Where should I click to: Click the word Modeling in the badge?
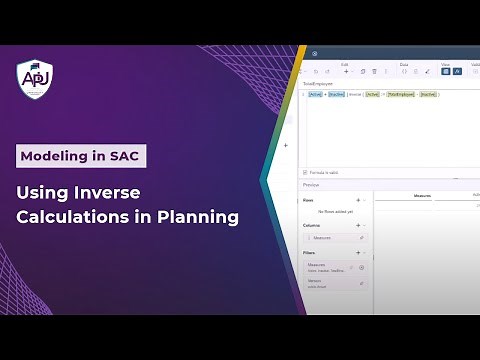pos(55,156)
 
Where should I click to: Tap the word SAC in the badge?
pos(120,156)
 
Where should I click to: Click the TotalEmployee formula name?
pos(318,83)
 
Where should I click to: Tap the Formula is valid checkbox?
pos(305,172)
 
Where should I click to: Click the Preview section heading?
pos(311,183)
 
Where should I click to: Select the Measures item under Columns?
pos(323,238)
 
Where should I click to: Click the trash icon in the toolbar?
pos(375,71)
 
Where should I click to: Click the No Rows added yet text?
pos(335,212)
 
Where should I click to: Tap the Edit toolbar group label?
pos(345,64)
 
